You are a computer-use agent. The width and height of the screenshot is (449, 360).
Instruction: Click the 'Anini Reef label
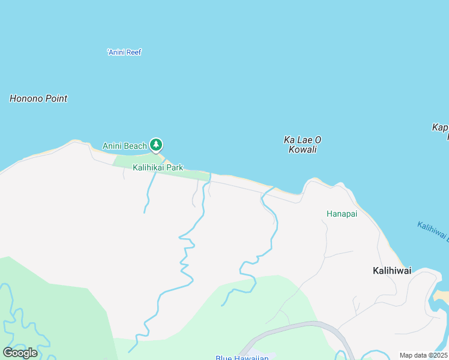(x=124, y=52)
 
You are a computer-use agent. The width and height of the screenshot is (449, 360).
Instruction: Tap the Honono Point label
(x=38, y=98)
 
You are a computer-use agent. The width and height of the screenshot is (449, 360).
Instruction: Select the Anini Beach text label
(x=124, y=146)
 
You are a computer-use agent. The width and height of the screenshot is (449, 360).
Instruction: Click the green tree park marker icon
(x=156, y=145)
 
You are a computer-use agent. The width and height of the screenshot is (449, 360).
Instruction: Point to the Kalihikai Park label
(x=158, y=168)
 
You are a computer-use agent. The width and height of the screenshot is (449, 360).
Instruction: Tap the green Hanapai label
(x=342, y=214)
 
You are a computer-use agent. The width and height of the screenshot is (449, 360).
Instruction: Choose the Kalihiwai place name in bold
(x=392, y=271)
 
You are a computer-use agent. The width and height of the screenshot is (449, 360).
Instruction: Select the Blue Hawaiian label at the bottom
(x=242, y=358)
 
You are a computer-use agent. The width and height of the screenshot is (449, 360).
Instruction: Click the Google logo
(x=20, y=352)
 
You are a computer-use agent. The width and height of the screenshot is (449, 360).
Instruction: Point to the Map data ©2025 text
(x=424, y=355)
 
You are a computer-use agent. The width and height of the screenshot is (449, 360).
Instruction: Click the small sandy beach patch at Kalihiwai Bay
(x=441, y=296)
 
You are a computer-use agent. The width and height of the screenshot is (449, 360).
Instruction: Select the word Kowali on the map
(x=303, y=149)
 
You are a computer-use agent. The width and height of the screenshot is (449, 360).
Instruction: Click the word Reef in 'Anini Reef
(x=134, y=52)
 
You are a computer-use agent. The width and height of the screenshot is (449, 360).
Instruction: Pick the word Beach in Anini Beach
(x=136, y=146)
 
